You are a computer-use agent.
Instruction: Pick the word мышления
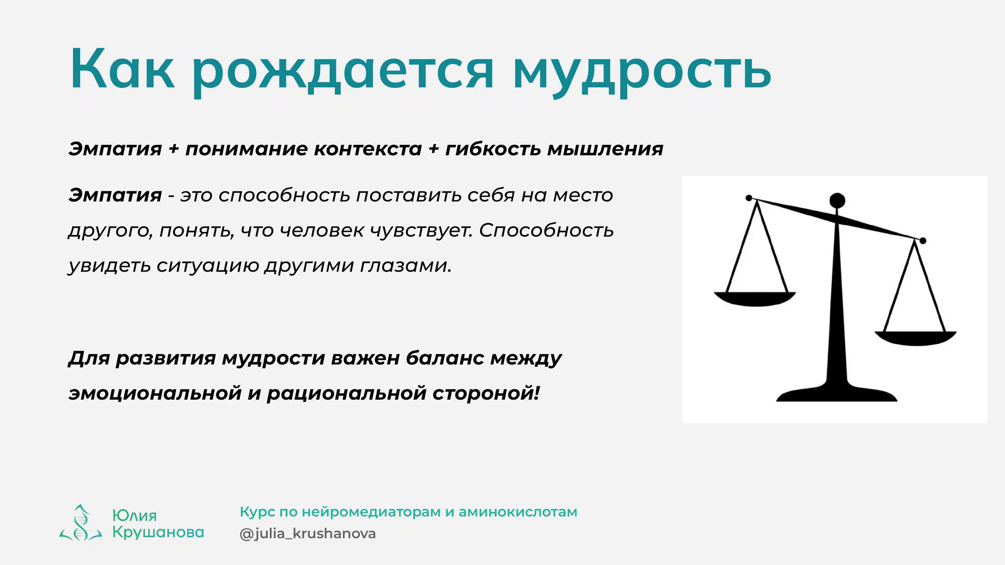(605, 150)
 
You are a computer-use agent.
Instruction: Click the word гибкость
(493, 149)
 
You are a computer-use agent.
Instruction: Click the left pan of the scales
(755, 299)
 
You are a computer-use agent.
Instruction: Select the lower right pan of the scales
(915, 338)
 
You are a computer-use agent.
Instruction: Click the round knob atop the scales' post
(837, 200)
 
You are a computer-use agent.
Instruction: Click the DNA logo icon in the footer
(80, 523)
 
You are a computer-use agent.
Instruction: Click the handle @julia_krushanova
(308, 534)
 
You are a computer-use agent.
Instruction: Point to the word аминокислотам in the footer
(518, 512)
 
